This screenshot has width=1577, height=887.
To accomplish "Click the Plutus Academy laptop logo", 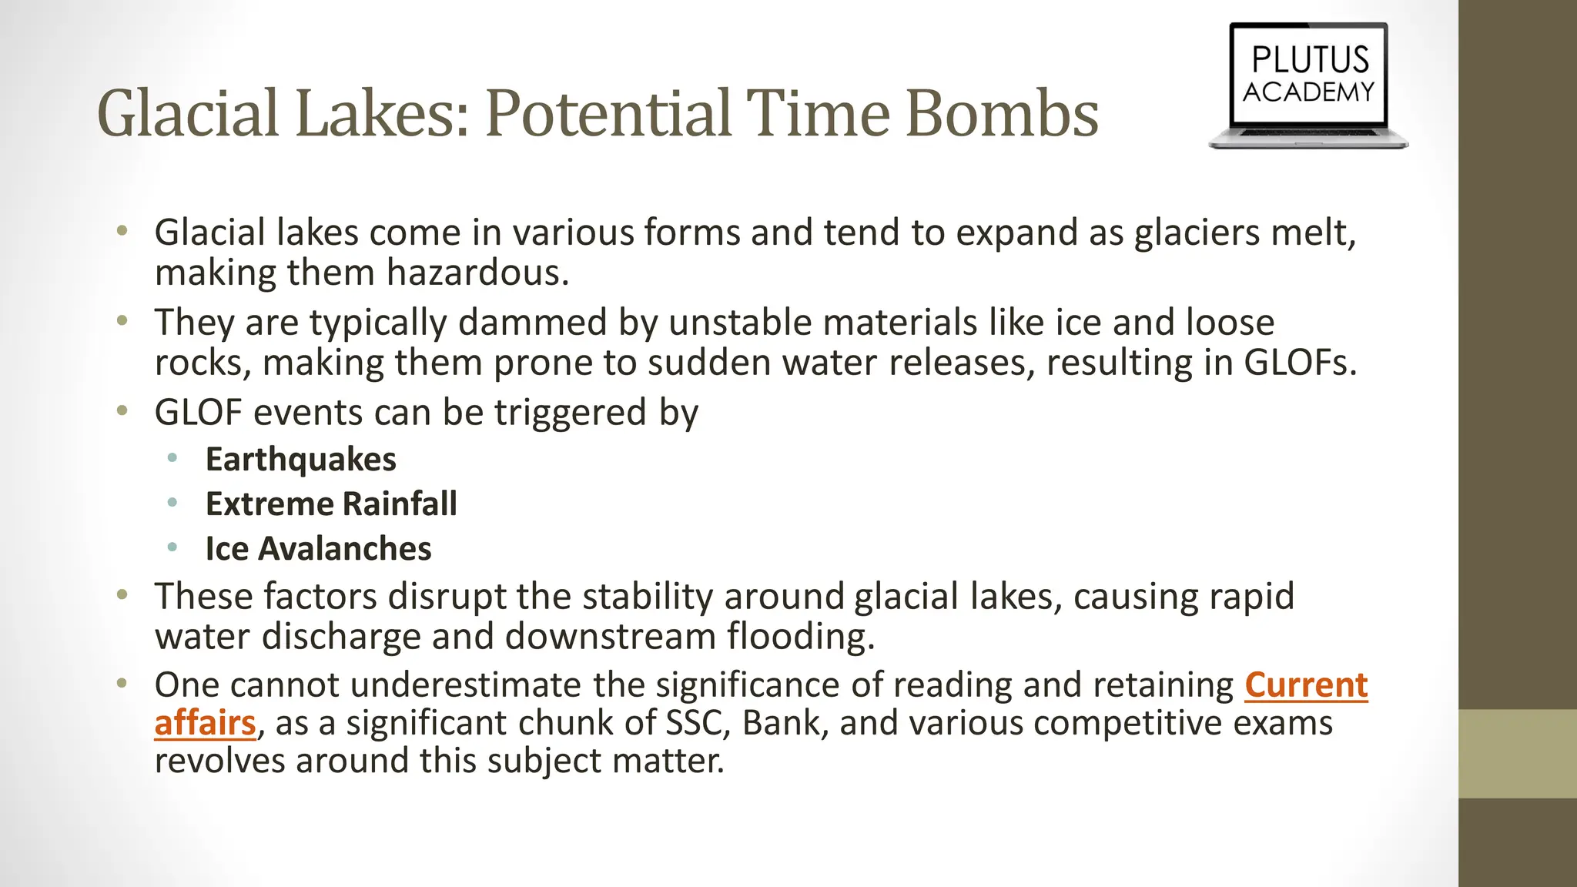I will tap(1308, 85).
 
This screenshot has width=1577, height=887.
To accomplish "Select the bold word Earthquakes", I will tap(300, 460).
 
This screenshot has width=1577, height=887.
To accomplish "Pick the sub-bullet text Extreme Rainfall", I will tap(331, 504).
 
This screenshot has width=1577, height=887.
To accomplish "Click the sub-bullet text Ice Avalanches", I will tap(318, 549).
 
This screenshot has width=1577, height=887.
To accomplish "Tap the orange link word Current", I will tap(1306, 684).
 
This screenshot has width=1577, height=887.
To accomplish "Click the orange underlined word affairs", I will tap(205, 723).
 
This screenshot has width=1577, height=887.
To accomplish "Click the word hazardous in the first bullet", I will tap(477, 273).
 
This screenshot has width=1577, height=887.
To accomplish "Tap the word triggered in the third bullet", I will tap(570, 413).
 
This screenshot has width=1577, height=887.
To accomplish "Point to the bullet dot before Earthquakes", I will tap(172, 459).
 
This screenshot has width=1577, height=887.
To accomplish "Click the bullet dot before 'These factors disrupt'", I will tap(122, 595).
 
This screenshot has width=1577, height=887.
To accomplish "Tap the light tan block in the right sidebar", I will tap(1517, 753).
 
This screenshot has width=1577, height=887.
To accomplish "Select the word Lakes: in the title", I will tap(382, 113).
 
